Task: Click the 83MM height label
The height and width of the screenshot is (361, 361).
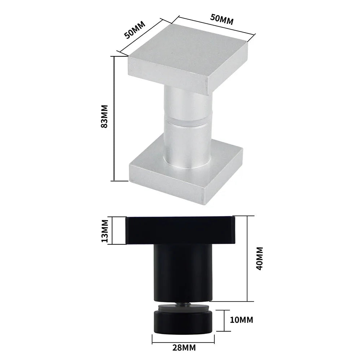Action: [105, 118]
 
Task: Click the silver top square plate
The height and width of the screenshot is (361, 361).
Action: [188, 61]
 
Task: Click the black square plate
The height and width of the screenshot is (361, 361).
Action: [180, 230]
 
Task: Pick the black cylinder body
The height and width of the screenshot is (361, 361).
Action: [182, 273]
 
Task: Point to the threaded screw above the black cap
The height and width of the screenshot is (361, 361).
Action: [183, 305]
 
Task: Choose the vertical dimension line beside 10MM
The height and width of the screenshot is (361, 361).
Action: [225, 320]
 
